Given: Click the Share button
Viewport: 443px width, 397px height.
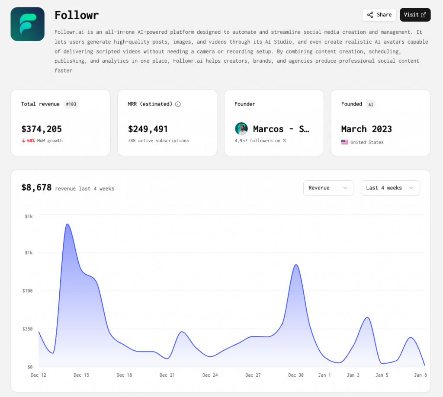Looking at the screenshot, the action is coord(379,15).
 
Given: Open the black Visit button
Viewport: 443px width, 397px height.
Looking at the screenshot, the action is coord(415,15).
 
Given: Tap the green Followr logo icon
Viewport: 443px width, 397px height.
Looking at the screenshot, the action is coord(27,24).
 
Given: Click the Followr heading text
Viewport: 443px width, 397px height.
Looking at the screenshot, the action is coord(77,15).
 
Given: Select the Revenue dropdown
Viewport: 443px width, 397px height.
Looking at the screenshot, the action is coord(328,188).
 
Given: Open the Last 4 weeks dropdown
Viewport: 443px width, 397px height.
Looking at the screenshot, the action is coord(390,188).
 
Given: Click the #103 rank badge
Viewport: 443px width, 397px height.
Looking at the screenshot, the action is coord(71,104).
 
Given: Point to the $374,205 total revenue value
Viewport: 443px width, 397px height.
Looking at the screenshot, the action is coord(42,129).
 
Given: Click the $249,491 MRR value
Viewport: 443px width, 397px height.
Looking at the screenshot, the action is coord(148,129).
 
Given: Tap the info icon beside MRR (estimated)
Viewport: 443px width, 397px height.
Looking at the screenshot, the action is coord(178,104).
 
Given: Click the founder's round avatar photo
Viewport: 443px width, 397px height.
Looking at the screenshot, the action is coord(241,129).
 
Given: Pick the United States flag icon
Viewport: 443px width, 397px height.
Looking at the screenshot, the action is coord(345,142).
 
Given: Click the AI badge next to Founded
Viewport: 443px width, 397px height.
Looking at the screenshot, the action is coord(371,105).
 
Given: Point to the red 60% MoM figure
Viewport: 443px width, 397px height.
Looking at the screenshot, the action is coord(31,141).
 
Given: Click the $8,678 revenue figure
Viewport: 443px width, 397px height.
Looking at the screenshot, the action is coord(36,188).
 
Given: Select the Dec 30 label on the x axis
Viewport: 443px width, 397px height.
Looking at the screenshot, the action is coord(296,375).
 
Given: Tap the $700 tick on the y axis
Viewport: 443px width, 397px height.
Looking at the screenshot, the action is coord(27,291).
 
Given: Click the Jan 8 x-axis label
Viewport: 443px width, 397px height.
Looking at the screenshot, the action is coord(421,375).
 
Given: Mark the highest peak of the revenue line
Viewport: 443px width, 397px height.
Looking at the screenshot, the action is coord(67,224).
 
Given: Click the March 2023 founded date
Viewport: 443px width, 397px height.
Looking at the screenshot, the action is coord(366,129).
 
